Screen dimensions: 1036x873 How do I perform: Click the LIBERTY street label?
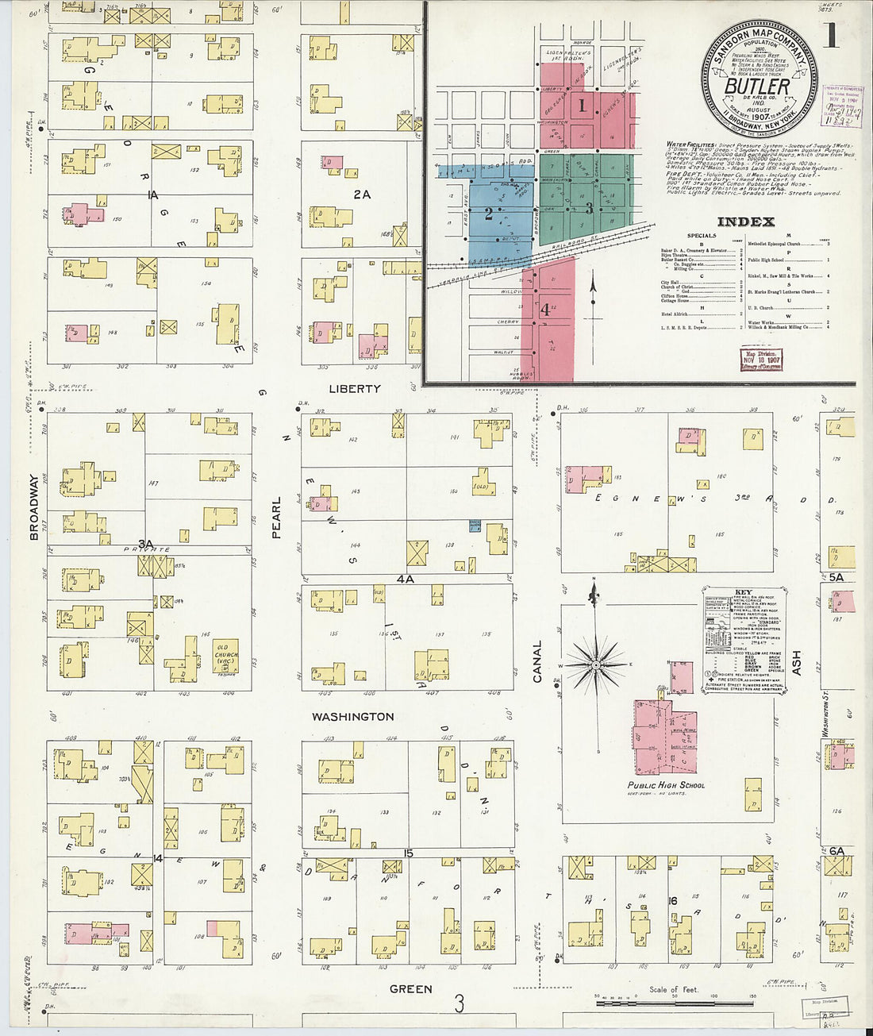point(355,389)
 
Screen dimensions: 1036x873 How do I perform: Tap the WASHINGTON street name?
point(352,717)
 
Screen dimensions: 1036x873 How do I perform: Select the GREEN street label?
point(410,989)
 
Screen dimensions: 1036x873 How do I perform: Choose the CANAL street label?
point(537,661)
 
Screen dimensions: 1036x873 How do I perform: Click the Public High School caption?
point(665,785)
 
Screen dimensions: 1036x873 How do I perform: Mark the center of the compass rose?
point(595,664)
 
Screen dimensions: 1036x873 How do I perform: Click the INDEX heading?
point(746,222)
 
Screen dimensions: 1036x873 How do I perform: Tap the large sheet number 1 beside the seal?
point(830,37)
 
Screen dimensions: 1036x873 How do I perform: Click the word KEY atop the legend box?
point(744,593)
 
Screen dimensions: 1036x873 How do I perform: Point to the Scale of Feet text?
point(674,989)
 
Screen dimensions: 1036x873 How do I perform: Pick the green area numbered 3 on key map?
point(589,208)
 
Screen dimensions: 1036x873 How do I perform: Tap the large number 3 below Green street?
point(459,1004)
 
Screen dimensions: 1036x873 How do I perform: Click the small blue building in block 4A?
point(475,526)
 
